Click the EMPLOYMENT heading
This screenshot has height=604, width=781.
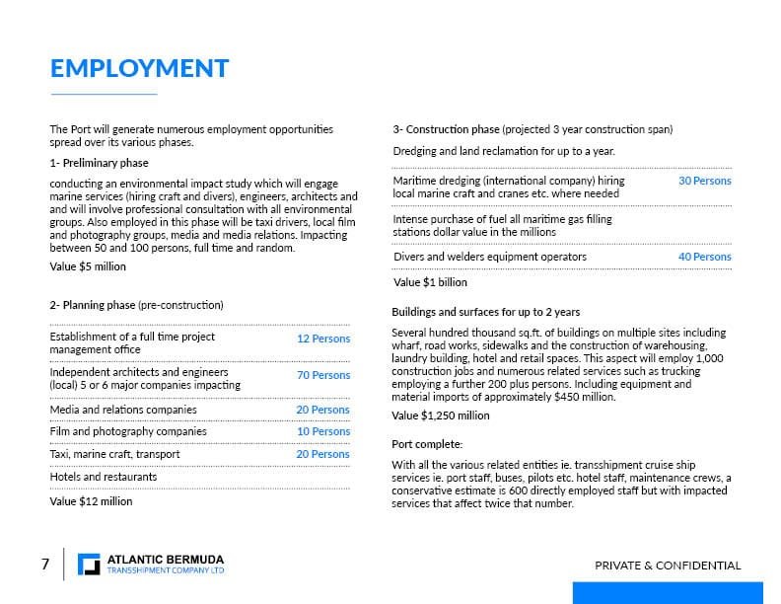(x=139, y=68)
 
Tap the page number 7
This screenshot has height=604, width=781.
(x=45, y=565)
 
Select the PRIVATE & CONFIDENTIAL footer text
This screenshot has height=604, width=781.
(x=668, y=566)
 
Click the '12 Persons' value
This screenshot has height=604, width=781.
(x=323, y=339)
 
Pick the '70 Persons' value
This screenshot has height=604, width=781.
(x=323, y=375)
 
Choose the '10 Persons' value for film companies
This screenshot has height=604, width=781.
(x=323, y=431)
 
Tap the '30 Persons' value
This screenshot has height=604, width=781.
(x=704, y=182)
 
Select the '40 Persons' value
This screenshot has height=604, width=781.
(x=704, y=257)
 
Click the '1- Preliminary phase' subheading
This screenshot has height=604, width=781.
(x=99, y=163)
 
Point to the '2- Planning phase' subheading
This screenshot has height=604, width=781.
(x=136, y=305)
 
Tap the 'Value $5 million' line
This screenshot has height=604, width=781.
(x=88, y=266)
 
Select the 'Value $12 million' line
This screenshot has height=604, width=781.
(x=91, y=501)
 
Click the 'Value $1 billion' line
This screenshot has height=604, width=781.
(x=430, y=282)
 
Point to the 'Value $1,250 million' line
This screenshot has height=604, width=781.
(x=441, y=415)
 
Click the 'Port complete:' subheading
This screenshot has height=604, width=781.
(x=427, y=443)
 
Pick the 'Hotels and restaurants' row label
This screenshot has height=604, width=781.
(x=103, y=477)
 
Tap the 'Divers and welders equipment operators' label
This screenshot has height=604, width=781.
(x=489, y=257)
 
